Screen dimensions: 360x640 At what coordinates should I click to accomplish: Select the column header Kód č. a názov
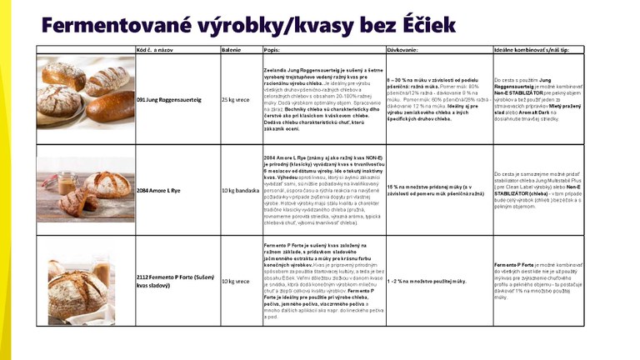[x=159, y=49]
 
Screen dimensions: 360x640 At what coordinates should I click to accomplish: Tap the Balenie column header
[x=231, y=49]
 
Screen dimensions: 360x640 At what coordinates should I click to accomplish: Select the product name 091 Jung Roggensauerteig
[x=169, y=99]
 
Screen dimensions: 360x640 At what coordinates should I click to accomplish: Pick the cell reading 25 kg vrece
[x=235, y=99]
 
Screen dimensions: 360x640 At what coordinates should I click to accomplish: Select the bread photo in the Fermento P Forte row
[x=85, y=281]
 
